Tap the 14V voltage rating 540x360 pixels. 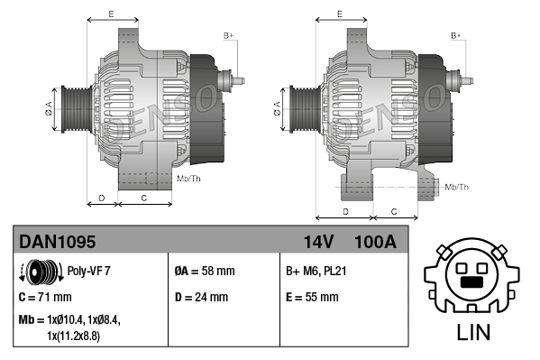pyautogui.click(x=319, y=242)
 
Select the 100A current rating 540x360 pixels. pyautogui.click(x=375, y=242)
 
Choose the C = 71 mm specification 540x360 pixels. pyautogui.click(x=45, y=297)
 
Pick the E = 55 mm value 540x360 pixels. pyautogui.click(x=312, y=297)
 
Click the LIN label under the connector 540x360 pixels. pyautogui.click(x=473, y=332)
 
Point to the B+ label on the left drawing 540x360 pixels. pyautogui.click(x=229, y=35)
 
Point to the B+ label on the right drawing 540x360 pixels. pyautogui.click(x=456, y=35)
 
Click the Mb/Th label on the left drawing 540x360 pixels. pyautogui.click(x=189, y=179)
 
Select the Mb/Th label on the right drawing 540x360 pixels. pyautogui.click(x=457, y=187)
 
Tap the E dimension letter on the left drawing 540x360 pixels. pyautogui.click(x=111, y=14)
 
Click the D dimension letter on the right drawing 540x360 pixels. pyautogui.click(x=346, y=211)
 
